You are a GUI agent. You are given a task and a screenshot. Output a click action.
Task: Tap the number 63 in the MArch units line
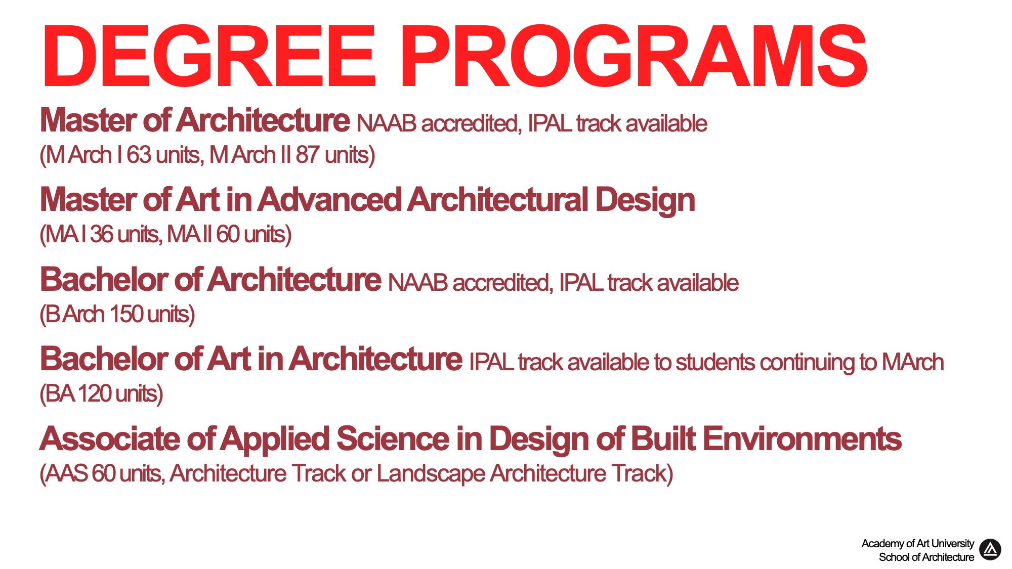[139, 155]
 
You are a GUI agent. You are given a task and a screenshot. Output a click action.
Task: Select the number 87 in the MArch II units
[307, 155]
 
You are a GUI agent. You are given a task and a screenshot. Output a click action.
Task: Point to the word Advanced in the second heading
[329, 199]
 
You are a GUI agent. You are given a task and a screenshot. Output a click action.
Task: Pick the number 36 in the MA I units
[102, 234]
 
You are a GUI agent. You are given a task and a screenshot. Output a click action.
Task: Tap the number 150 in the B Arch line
[126, 314]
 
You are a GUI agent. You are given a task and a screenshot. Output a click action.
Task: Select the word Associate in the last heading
[109, 439]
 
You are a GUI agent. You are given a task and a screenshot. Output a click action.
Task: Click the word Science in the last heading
[393, 439]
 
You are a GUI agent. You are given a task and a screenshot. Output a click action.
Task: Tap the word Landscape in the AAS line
[430, 474]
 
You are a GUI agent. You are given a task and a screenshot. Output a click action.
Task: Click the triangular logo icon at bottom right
[990, 550]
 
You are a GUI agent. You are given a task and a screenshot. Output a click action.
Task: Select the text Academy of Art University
[917, 543]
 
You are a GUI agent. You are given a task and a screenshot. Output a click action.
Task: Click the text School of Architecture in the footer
[926, 557]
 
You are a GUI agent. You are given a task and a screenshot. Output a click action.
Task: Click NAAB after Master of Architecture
[386, 123]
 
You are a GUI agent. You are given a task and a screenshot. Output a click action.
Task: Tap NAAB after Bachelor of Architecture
[417, 283]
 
